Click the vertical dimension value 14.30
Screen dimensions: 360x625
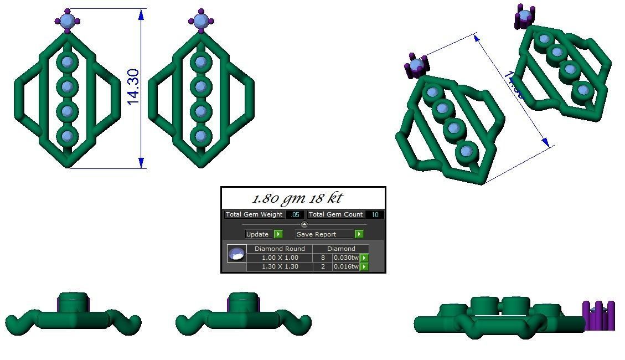pyautogui.click(x=133, y=87)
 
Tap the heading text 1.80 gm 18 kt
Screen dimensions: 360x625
pyautogui.click(x=297, y=198)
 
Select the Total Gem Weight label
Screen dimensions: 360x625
pyautogui.click(x=254, y=214)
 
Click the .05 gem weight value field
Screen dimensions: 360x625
pyautogui.click(x=295, y=215)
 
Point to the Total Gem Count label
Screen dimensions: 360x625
pyautogui.click(x=335, y=214)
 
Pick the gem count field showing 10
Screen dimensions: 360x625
pyautogui.click(x=375, y=215)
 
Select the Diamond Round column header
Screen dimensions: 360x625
pyautogui.click(x=280, y=249)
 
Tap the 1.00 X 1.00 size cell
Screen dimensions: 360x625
pyautogui.click(x=280, y=258)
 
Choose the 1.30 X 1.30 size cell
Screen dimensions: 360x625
pyautogui.click(x=280, y=266)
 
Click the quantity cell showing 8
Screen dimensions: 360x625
pyautogui.click(x=323, y=258)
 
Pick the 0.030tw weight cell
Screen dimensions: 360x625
pyautogui.click(x=346, y=258)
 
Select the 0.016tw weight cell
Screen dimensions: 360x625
pyautogui.click(x=346, y=266)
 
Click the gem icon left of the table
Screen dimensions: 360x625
pyautogui.click(x=236, y=254)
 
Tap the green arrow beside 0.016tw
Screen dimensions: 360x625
pyautogui.click(x=364, y=267)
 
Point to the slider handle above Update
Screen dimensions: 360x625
pyautogui.click(x=304, y=224)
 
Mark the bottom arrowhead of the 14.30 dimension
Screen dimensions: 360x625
pyautogui.click(x=142, y=162)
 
